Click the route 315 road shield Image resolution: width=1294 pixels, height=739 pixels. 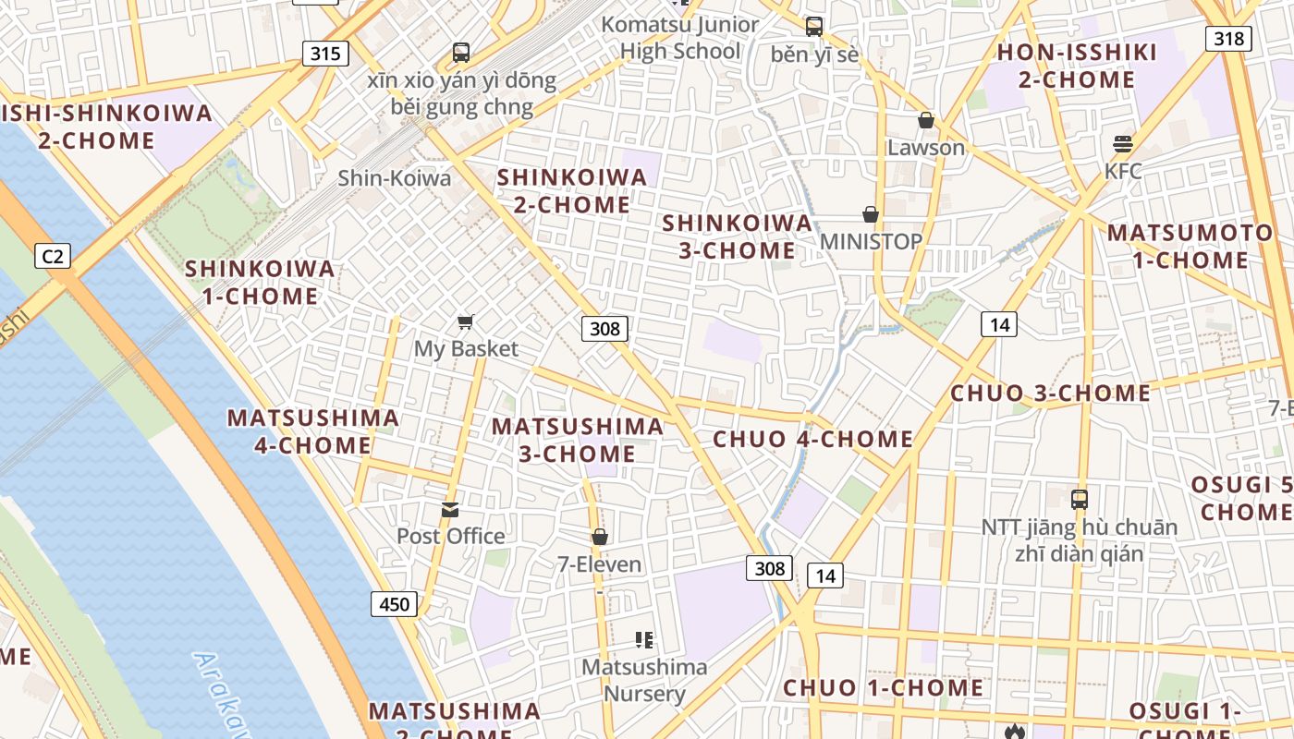pyautogui.click(x=325, y=54)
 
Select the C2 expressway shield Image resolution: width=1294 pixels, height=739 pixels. pyautogui.click(x=53, y=255)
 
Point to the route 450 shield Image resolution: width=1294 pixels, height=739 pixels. pyautogui.click(x=395, y=605)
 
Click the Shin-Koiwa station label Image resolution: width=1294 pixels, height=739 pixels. pyautogui.click(x=395, y=177)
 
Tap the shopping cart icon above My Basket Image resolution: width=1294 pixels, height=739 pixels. pyautogui.click(x=466, y=321)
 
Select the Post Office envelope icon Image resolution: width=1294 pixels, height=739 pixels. pyautogui.click(x=450, y=509)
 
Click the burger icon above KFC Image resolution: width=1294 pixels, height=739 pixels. pyautogui.click(x=1123, y=143)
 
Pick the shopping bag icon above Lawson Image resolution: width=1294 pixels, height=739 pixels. pyautogui.click(x=925, y=120)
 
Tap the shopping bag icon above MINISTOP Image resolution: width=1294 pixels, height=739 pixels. pyautogui.click(x=871, y=214)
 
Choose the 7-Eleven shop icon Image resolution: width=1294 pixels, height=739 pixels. pyautogui.click(x=600, y=537)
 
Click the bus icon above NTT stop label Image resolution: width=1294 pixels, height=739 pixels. pyautogui.click(x=1079, y=500)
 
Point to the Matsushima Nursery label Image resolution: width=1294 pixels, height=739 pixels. pyautogui.click(x=644, y=680)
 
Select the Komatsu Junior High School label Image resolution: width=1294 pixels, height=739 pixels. pyautogui.click(x=680, y=38)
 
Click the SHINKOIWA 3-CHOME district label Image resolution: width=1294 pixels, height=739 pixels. pyautogui.click(x=738, y=236)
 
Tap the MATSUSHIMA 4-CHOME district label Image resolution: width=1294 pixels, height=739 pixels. pyautogui.click(x=313, y=431)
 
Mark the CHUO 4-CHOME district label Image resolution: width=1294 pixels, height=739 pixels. pyautogui.click(x=812, y=439)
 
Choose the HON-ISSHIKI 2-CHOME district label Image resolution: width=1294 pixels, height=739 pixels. pyautogui.click(x=1077, y=66)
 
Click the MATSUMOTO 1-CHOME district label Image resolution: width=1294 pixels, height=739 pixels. pyautogui.click(x=1190, y=246)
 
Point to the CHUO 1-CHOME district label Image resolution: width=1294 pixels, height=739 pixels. pyautogui.click(x=883, y=688)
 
